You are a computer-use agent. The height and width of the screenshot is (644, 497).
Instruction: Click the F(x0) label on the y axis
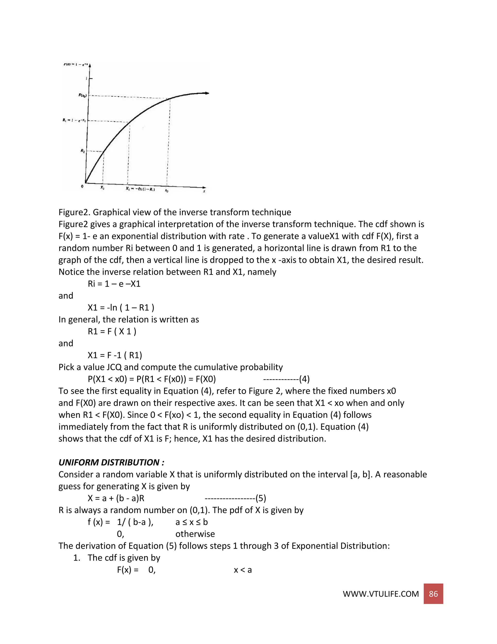82,95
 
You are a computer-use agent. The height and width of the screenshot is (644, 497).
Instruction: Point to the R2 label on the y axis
83,151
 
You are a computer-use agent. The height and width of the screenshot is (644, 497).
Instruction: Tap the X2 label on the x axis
102,188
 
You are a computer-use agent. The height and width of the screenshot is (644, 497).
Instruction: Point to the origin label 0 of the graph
82,186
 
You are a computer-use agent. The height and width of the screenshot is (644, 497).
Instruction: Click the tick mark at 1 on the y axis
90,78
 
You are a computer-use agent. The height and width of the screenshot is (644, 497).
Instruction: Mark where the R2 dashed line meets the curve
103,152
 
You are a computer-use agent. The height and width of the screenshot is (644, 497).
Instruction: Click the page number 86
433,594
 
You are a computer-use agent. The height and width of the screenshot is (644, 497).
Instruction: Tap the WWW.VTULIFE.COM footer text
381,594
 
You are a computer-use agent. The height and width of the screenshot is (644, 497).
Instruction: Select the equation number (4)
304,379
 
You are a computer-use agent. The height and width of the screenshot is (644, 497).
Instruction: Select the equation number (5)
261,498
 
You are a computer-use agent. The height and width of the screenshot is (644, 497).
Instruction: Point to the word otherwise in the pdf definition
195,534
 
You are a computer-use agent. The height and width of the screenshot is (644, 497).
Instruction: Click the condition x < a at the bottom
243,570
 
